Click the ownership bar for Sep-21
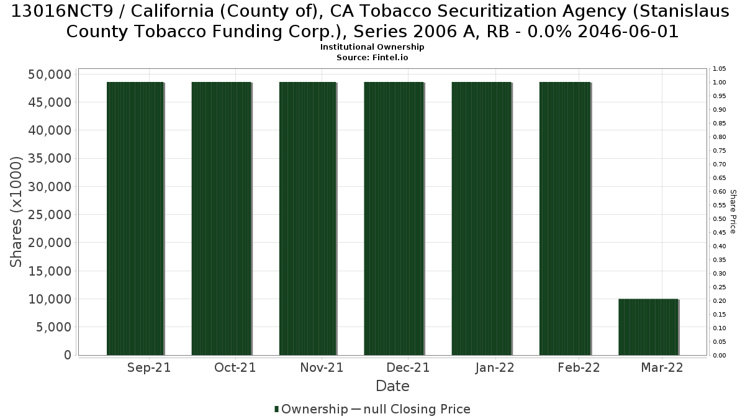click(x=135, y=219)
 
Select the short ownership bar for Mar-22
click(x=648, y=327)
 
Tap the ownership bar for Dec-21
click(x=394, y=219)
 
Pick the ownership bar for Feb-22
click(x=565, y=219)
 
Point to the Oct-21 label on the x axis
click(x=235, y=367)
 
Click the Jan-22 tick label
click(x=495, y=367)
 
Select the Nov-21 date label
click(x=322, y=367)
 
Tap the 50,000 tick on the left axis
click(x=50, y=74)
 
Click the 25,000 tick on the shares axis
click(x=50, y=215)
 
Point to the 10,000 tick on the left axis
click(x=50, y=299)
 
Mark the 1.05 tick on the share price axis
click(x=719, y=69)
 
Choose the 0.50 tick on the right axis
click(x=719, y=219)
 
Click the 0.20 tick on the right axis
click(x=719, y=301)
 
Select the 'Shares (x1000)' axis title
click(x=16, y=212)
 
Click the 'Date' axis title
click(x=392, y=386)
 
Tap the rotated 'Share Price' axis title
click(x=733, y=212)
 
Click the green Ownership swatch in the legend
click(x=276, y=409)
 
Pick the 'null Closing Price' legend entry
click(x=417, y=409)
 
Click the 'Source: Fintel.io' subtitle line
click(x=372, y=58)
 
